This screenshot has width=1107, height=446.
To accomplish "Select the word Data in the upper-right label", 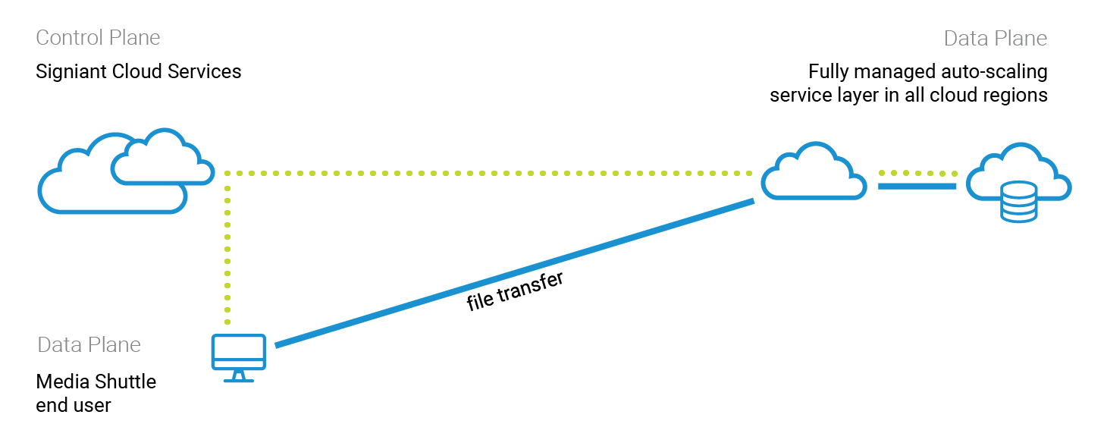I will (961, 39).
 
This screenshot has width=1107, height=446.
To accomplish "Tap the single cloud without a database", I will (814, 174).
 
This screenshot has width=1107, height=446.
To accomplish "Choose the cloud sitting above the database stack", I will (1016, 167).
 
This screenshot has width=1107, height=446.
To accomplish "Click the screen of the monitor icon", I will (238, 350).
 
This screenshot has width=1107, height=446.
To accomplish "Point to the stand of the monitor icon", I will (238, 377).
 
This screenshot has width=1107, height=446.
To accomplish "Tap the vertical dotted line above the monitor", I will (227, 250).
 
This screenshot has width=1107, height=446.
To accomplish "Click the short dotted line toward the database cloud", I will (917, 173).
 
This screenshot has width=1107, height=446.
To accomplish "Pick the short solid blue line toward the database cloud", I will (917, 186).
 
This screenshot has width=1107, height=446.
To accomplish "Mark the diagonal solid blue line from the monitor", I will (516, 273).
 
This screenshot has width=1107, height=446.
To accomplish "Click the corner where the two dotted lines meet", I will (227, 173).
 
